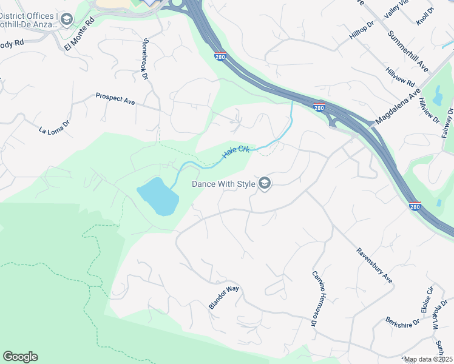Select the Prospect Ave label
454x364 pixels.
pyautogui.click(x=115, y=98)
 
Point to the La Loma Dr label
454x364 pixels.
pyautogui.click(x=55, y=129)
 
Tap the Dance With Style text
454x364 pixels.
pyautogui.click(x=223, y=183)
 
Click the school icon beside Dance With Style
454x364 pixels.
pyautogui.click(x=264, y=183)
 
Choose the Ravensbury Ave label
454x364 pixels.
pyautogui.click(x=374, y=266)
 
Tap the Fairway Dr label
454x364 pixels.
pyautogui.click(x=448, y=122)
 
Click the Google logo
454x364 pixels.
pyautogui.click(x=20, y=357)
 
